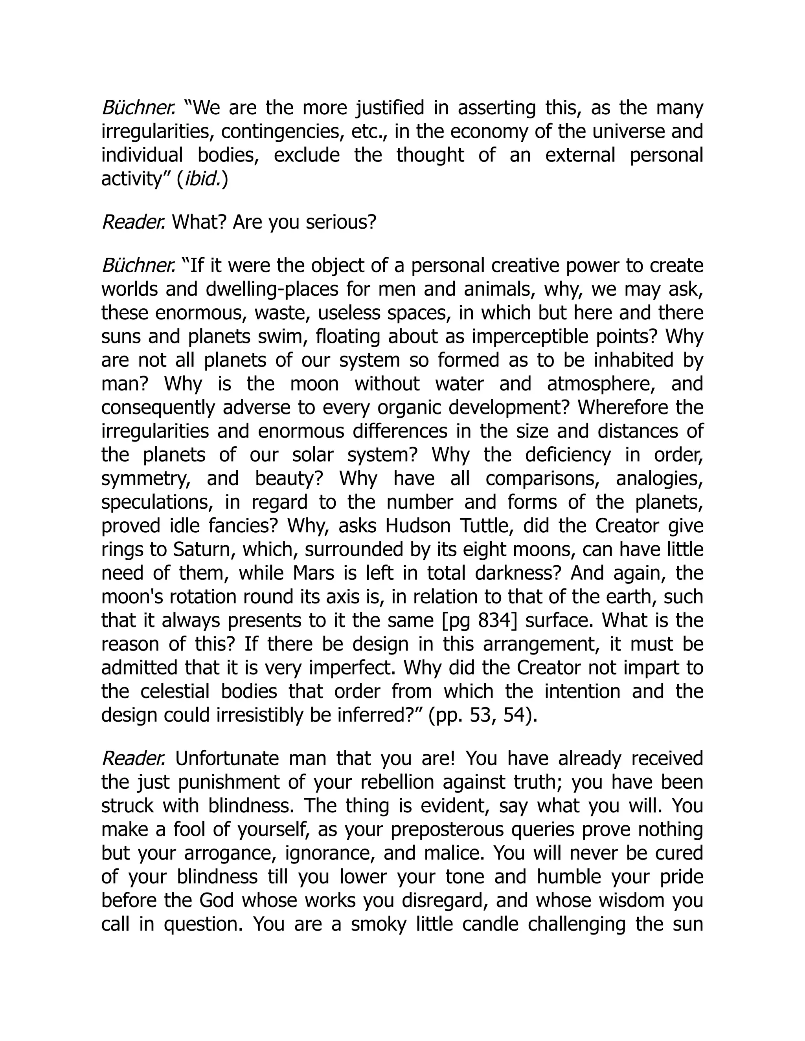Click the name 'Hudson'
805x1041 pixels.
(418, 525)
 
